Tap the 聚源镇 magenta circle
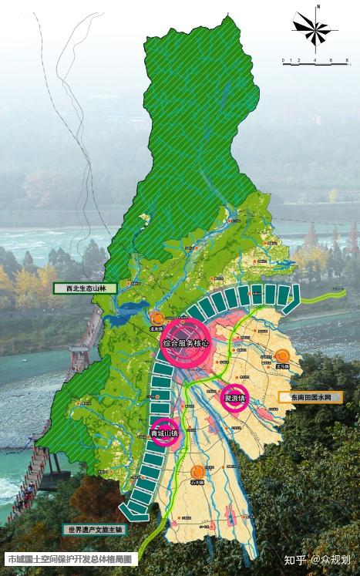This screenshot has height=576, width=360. (x=234, y=398)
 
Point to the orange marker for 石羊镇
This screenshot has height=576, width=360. (x=198, y=471)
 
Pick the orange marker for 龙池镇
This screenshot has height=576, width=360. (x=157, y=318)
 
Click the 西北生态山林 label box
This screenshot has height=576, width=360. (x=84, y=288)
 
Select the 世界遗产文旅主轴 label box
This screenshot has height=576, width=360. (x=96, y=530)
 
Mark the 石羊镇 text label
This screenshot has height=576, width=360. (x=198, y=483)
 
